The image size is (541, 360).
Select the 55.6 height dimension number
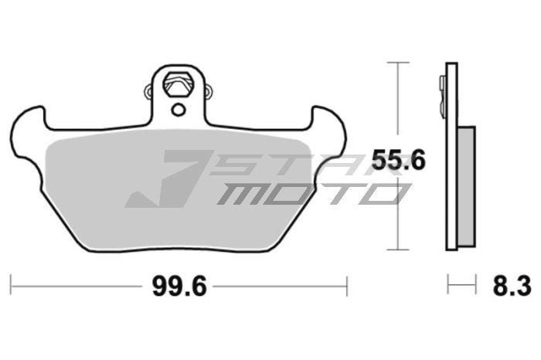(x=399, y=160)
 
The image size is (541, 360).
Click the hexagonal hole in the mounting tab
(x=179, y=81)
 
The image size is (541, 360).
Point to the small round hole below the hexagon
(x=179, y=109)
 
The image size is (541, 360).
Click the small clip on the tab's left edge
(x=149, y=94)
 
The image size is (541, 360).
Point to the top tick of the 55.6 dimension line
(x=397, y=63)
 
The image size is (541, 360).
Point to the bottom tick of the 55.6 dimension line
(x=397, y=250)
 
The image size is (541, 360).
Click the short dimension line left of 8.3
(x=462, y=286)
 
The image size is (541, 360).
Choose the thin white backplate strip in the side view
(x=451, y=193)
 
